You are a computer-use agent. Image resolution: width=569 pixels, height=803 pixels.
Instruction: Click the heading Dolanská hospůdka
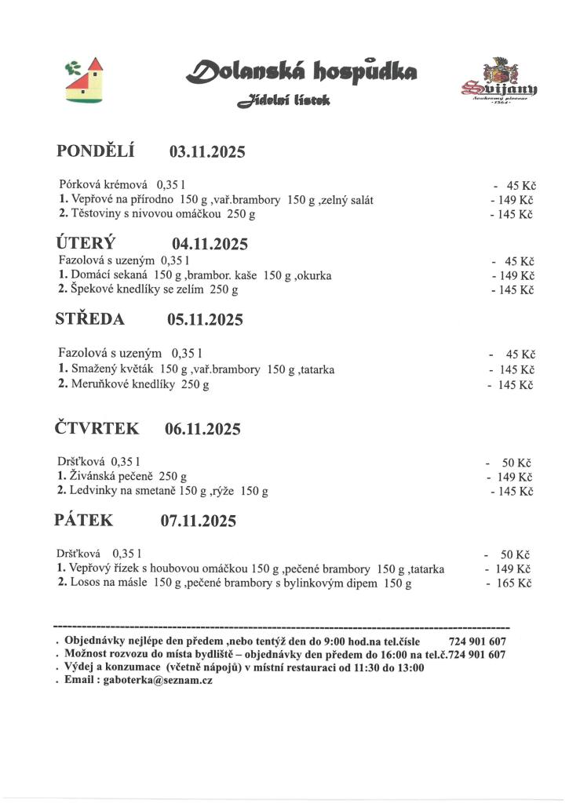click(x=301, y=73)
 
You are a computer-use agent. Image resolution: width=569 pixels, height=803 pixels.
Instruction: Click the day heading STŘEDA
click(x=89, y=319)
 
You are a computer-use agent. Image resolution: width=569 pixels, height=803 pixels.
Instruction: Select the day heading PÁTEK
click(x=84, y=520)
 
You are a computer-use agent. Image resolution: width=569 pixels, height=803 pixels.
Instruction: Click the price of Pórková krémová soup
click(x=519, y=186)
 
